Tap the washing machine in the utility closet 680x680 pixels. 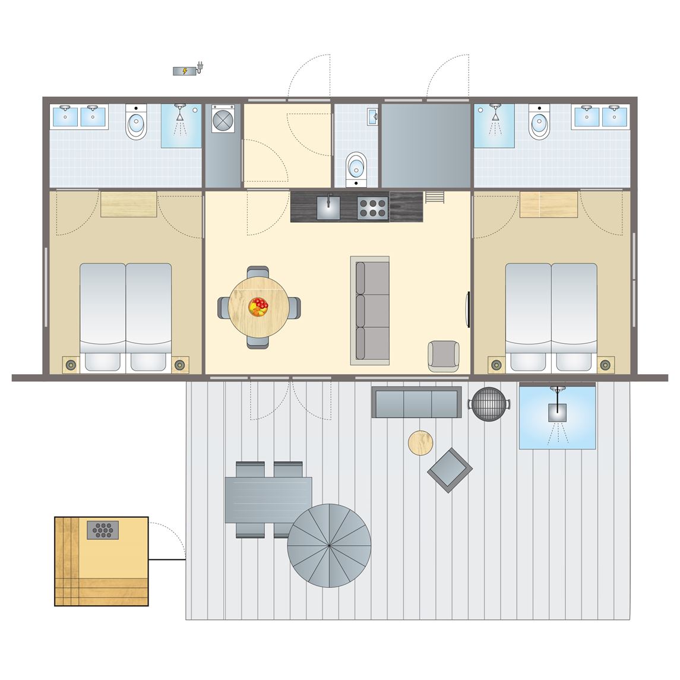pyautogui.click(x=223, y=119)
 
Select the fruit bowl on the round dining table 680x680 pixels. pyautogui.click(x=259, y=307)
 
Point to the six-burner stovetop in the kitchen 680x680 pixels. pyautogui.click(x=372, y=208)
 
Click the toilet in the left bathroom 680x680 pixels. pyautogui.click(x=136, y=124)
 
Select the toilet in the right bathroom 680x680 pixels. pyautogui.click(x=539, y=124)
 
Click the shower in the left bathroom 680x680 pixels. pyautogui.click(x=182, y=125)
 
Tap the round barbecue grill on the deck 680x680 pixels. pyautogui.click(x=489, y=404)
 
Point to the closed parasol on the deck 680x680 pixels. pyautogui.click(x=329, y=545)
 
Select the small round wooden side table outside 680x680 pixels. pyautogui.click(x=420, y=442)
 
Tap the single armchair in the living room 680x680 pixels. pyautogui.click(x=444, y=356)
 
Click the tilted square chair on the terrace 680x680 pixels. pyautogui.click(x=450, y=470)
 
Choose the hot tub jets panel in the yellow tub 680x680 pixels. pyautogui.click(x=103, y=530)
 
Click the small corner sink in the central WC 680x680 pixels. pyautogui.click(x=373, y=116)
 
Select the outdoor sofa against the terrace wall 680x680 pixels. pyautogui.click(x=416, y=402)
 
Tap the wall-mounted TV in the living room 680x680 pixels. pyautogui.click(x=468, y=309)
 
